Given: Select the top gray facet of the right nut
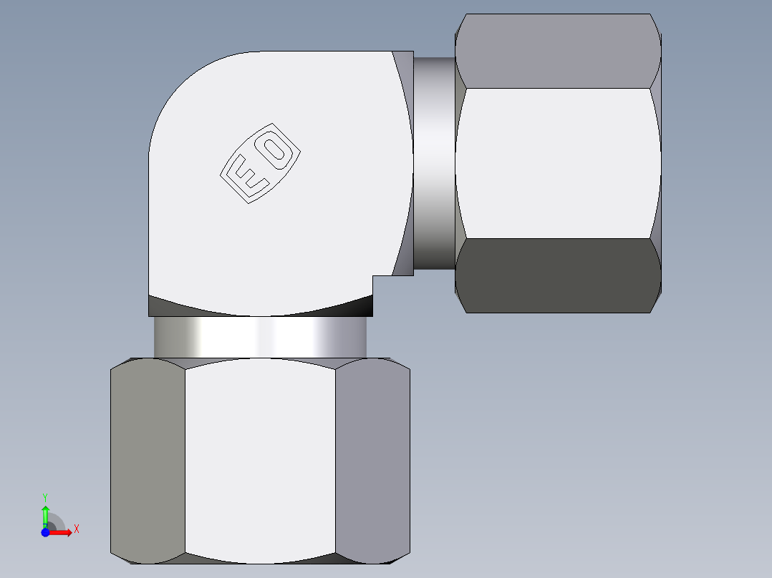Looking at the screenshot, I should tap(557, 51).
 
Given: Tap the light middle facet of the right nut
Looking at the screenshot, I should tap(557, 163).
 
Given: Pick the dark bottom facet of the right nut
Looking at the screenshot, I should tap(557, 275).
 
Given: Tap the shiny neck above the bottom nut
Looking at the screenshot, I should tap(260, 337).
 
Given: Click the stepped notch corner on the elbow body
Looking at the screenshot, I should tap(374, 276).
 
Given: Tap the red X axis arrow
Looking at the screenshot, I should tap(63, 532).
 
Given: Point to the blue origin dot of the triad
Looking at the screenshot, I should tap(45, 532).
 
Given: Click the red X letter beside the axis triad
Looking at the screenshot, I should tap(76, 529).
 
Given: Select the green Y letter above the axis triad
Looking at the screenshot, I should tap(44, 496).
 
